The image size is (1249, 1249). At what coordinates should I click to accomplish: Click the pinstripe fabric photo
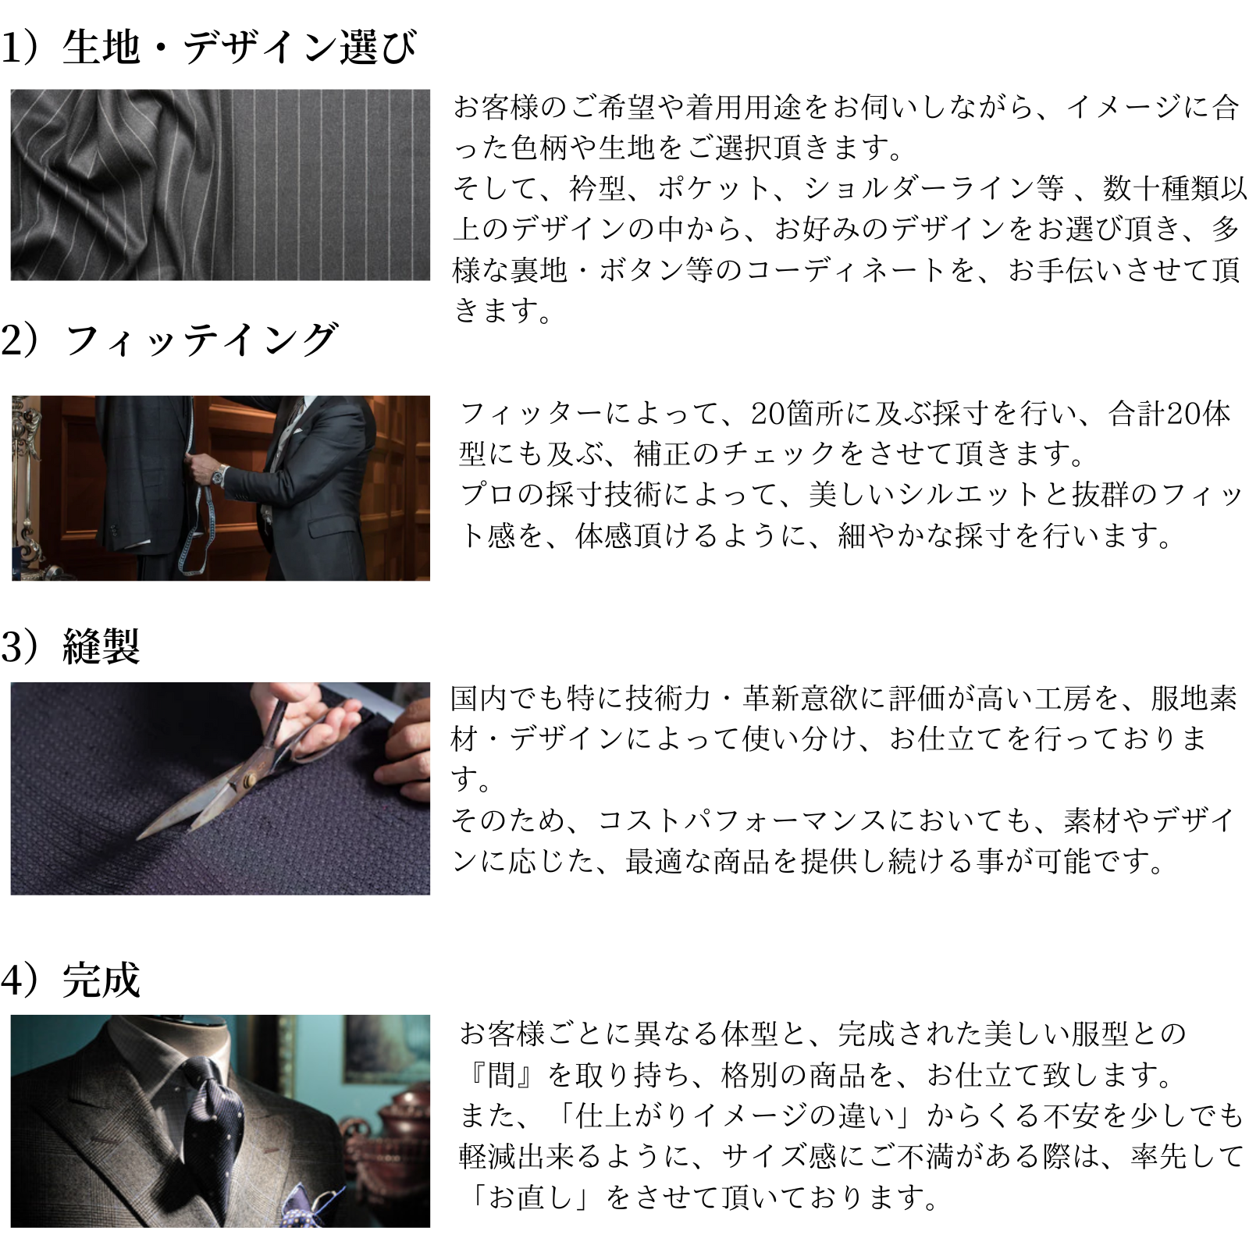pyautogui.click(x=220, y=185)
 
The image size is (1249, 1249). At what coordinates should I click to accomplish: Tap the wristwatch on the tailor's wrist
pyautogui.click(x=221, y=473)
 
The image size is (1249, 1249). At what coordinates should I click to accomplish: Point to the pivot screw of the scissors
pyautogui.click(x=251, y=781)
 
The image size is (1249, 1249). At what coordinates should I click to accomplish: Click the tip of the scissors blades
pyautogui.click(x=139, y=838)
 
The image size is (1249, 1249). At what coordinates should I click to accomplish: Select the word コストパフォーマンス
pyautogui.click(x=742, y=820)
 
